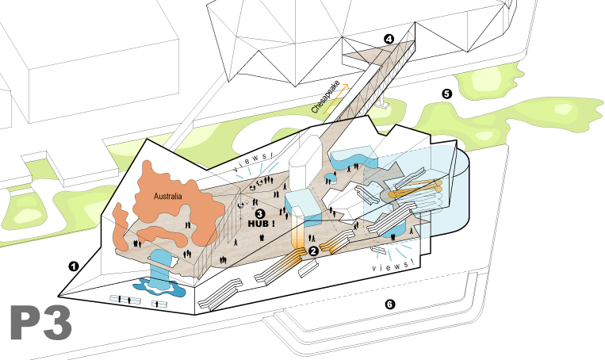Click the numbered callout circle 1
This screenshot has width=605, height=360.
(x=73, y=266)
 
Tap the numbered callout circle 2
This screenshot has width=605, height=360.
(x=313, y=251)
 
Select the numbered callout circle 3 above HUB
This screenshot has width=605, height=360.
(x=259, y=213)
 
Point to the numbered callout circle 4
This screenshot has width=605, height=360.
(x=389, y=39)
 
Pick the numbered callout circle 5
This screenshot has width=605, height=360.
(x=446, y=94)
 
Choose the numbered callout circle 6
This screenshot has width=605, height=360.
(x=390, y=304)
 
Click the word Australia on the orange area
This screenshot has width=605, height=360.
(x=168, y=197)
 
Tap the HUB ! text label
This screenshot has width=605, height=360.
(x=261, y=224)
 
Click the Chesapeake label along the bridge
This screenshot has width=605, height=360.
(x=325, y=97)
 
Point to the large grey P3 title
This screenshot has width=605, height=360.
(x=41, y=323)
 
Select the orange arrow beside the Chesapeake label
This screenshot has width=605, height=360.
(x=335, y=99)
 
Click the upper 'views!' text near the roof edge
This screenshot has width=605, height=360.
(x=254, y=161)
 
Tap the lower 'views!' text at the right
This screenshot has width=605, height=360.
(x=394, y=266)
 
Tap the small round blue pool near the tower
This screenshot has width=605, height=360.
(x=331, y=179)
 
